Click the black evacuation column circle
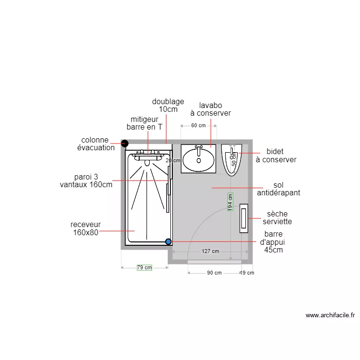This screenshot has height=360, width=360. pyautogui.click(x=125, y=144)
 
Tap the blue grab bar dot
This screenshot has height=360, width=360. pyautogui.click(x=168, y=241)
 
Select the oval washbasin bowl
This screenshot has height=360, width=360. pyautogui.click(x=199, y=159)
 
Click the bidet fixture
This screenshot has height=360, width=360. pyautogui.click(x=231, y=160)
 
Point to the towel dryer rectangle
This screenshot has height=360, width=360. pyautogui.click(x=244, y=218)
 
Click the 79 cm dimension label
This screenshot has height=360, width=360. pyautogui.click(x=144, y=267)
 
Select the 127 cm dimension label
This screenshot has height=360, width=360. pyautogui.click(x=210, y=251)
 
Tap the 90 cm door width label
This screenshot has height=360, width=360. pyautogui.click(x=215, y=273)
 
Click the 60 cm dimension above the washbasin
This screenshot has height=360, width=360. pyautogui.click(x=198, y=126)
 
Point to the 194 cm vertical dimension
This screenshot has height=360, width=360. pyautogui.click(x=230, y=202)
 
